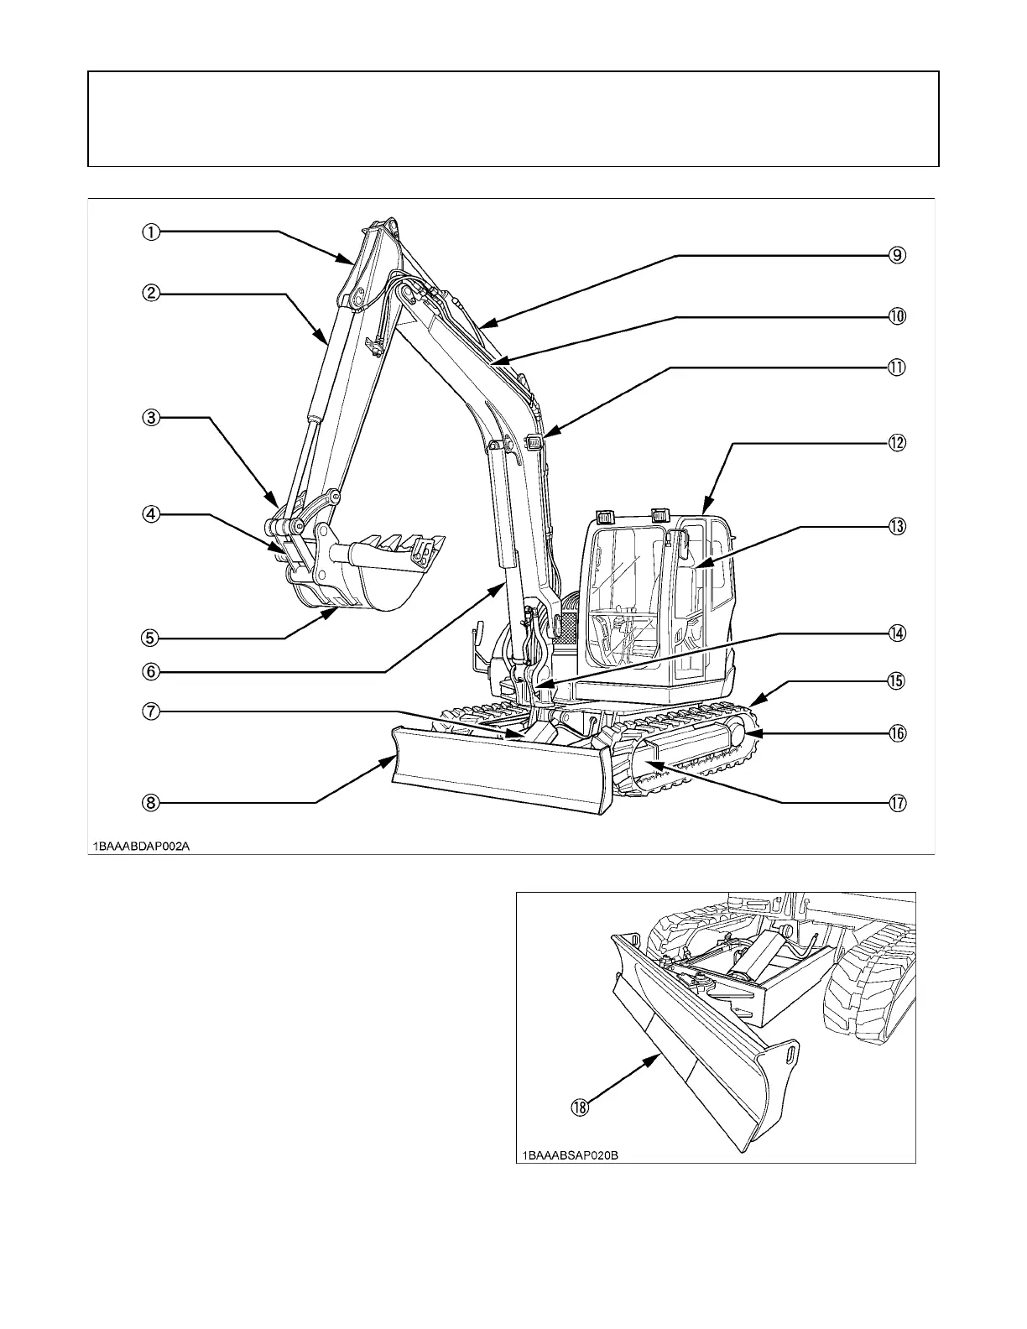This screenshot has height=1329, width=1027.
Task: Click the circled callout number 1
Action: [x=150, y=232]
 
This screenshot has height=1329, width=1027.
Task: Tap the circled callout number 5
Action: [x=150, y=638]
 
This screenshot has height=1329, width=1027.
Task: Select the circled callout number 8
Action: [x=150, y=803]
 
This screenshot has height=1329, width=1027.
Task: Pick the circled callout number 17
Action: [x=897, y=803]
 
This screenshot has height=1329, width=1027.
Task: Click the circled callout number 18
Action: [x=580, y=1107]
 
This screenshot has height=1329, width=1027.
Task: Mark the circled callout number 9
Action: [x=897, y=255]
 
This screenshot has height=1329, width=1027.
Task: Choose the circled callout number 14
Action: [x=897, y=633]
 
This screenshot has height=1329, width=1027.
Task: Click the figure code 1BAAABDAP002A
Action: [x=142, y=847]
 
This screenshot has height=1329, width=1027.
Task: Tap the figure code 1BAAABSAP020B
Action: [x=571, y=1155]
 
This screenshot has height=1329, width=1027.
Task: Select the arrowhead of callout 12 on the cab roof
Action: [x=705, y=513]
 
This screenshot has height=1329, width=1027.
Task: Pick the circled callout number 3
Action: [x=150, y=417]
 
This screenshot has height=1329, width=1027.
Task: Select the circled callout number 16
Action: [x=897, y=733]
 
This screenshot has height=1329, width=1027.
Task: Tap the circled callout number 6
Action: [x=150, y=671]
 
